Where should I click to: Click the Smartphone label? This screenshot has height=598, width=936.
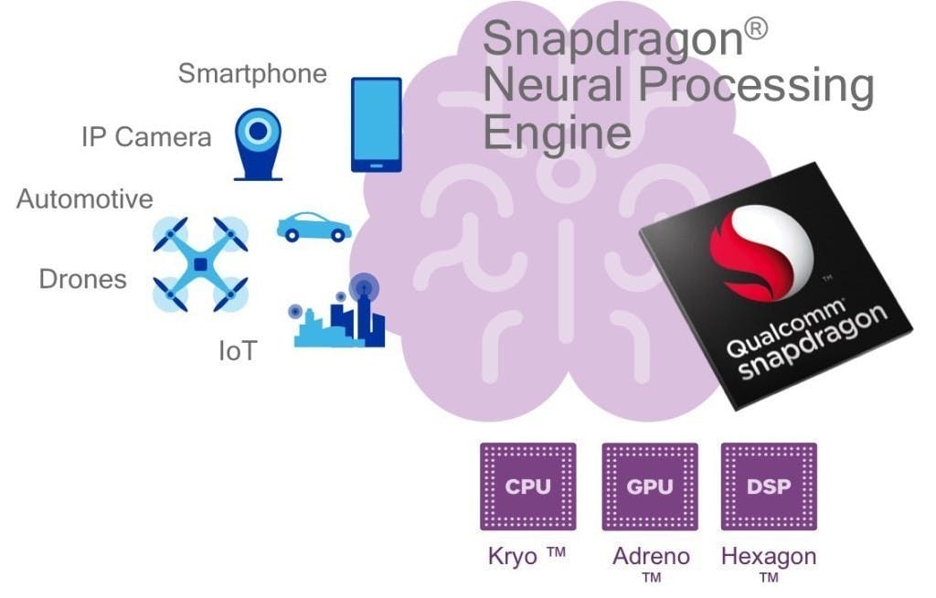(252, 73)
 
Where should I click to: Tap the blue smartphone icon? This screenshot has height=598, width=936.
(377, 124)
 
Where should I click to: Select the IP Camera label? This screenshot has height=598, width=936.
(146, 137)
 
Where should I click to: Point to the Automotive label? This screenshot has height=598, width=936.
(85, 198)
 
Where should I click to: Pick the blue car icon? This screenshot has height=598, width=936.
(314, 228)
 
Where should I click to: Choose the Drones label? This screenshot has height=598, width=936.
(82, 279)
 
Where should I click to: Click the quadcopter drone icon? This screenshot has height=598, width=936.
(200, 264)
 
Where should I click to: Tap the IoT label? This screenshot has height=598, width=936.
(237, 350)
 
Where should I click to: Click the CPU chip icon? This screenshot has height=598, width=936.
(528, 486)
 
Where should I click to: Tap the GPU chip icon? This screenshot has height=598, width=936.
(649, 486)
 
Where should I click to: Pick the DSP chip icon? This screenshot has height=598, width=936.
(769, 486)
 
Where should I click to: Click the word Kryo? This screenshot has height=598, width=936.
(513, 556)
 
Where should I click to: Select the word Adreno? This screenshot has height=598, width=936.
(651, 556)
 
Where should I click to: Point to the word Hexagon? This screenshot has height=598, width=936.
(769, 556)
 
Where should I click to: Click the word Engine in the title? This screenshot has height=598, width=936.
(557, 132)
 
